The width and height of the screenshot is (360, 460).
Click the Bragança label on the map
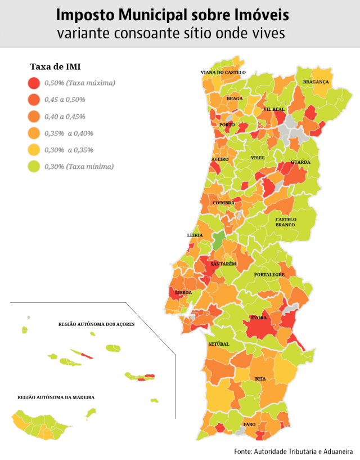(316, 82)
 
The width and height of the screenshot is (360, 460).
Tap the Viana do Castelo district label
(223, 73)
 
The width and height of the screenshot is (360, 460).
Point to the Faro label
(249, 424)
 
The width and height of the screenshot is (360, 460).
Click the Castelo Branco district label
(285, 222)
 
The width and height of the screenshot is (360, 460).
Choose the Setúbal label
(218, 343)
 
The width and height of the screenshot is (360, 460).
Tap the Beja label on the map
(260, 379)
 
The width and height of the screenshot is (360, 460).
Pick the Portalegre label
(269, 275)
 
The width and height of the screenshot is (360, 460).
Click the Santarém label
(223, 264)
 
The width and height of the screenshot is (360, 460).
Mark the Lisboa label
(183, 293)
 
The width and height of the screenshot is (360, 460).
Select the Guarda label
(300, 162)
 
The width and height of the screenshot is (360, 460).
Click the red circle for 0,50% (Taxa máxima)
(34, 83)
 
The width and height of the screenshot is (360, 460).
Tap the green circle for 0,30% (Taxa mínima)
(34, 167)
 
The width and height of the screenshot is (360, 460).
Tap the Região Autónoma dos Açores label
(96, 325)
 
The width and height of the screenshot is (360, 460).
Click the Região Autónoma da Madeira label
(56, 397)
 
